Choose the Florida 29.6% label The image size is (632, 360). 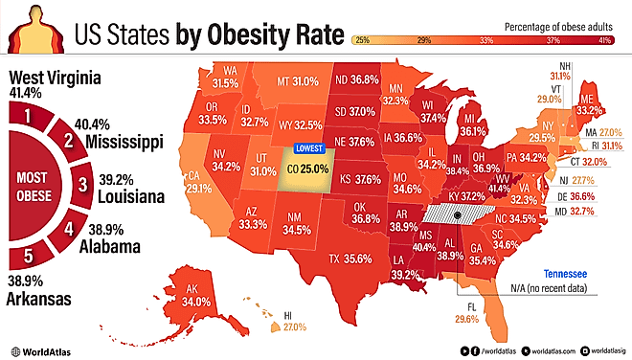point(466,319)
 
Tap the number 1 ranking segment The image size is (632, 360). point(29,117)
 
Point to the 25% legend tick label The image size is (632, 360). point(363,40)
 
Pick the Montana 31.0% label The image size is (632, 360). point(295,83)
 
